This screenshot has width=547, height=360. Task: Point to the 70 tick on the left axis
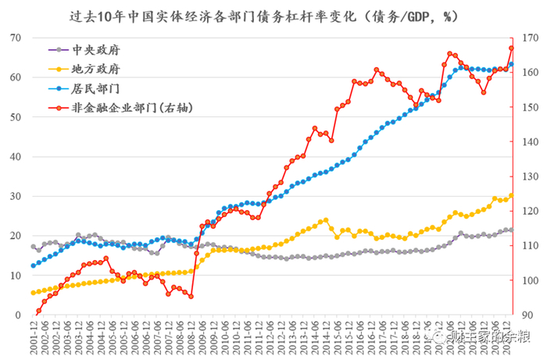[x=16, y=38]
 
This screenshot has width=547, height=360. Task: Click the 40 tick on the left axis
[x=16, y=157]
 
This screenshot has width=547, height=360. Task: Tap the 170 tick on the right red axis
[x=527, y=38]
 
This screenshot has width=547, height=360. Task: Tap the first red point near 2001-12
[x=38, y=311]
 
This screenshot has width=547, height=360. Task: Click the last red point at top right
[x=511, y=48]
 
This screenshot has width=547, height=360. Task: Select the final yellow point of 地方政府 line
[x=511, y=195]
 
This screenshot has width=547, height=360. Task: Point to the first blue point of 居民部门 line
[x=33, y=266]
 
